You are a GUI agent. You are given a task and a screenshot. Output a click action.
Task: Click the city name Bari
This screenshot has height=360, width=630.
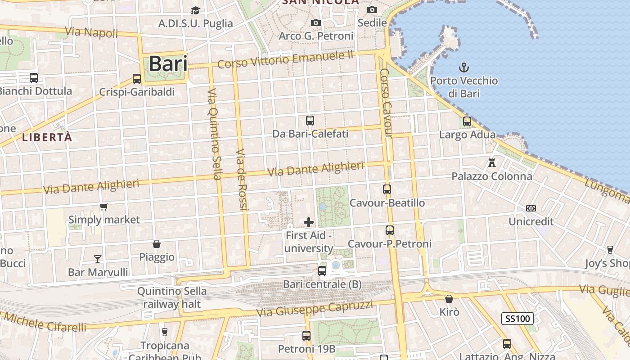168,63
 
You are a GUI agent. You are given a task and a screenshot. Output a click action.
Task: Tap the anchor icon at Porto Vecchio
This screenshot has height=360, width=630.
463,68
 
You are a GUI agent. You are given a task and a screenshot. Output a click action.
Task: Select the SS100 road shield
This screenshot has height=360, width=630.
517,319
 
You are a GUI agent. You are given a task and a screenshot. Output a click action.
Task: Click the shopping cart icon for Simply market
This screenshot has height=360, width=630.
104,207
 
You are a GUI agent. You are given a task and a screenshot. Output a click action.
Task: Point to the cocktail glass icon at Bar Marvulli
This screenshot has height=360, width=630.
98,259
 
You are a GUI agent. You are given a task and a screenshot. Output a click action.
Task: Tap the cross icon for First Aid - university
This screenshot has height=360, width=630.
309,222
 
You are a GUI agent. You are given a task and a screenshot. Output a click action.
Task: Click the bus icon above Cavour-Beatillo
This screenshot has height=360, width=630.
387,189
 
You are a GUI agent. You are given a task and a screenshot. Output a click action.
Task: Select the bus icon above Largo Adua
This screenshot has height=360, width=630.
467,121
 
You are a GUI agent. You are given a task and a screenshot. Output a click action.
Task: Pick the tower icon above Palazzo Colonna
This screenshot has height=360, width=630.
492,162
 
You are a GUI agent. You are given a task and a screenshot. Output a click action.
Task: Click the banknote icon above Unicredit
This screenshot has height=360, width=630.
531,208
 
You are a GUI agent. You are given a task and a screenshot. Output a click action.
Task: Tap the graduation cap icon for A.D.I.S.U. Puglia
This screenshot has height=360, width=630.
195,10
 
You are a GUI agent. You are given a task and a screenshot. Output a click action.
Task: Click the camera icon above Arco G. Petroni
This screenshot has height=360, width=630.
316,22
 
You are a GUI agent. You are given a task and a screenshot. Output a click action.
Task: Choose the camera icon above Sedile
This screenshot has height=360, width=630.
372,9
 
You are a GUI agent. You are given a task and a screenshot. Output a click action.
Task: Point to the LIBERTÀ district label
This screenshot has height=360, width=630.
47,138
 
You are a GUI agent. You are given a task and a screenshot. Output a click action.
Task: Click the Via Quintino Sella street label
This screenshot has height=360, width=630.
215,134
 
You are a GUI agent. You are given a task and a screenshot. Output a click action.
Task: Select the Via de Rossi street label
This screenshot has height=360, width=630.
242,179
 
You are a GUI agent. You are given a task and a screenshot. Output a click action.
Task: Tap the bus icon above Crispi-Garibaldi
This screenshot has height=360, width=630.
137,79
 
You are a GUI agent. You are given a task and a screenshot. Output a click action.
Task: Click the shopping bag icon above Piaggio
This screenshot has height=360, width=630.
157,244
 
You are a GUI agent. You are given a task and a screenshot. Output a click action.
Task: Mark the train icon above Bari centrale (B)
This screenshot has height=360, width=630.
322,271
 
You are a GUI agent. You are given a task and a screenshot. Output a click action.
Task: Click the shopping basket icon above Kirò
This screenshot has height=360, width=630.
449,299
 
